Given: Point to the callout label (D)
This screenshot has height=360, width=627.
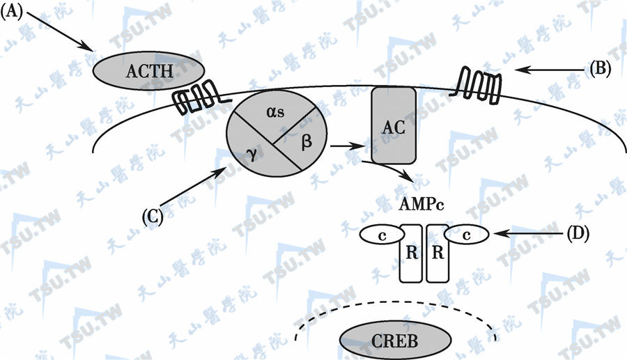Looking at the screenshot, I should (578, 234).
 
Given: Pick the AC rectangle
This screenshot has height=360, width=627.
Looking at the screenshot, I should (394, 126).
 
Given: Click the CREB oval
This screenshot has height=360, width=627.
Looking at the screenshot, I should (384, 342).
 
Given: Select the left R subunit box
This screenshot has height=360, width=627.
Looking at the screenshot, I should (410, 253).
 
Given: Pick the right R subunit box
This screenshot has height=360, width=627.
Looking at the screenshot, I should (438, 253).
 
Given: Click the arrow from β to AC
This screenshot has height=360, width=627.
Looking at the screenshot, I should (348, 146).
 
